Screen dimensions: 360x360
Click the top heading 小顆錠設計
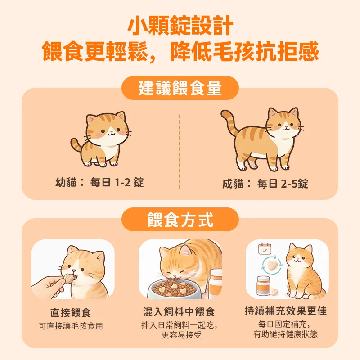click(x=180, y=26)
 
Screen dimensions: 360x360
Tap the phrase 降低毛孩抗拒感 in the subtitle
click(x=245, y=53)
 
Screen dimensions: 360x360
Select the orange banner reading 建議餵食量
click(x=180, y=88)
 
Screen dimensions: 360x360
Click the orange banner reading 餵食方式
click(x=180, y=220)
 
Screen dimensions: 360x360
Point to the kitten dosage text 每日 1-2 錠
click(x=117, y=183)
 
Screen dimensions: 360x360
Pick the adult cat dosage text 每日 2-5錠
click(x=283, y=184)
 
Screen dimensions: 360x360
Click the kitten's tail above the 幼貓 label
click(x=76, y=146)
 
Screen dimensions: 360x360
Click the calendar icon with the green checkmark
click(x=265, y=249)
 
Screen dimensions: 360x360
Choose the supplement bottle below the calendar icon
click(x=263, y=286)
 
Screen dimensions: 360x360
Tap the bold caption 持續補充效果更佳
click(x=285, y=311)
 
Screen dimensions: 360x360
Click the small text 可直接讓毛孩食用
click(x=71, y=326)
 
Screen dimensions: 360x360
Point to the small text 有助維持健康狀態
click(x=285, y=334)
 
